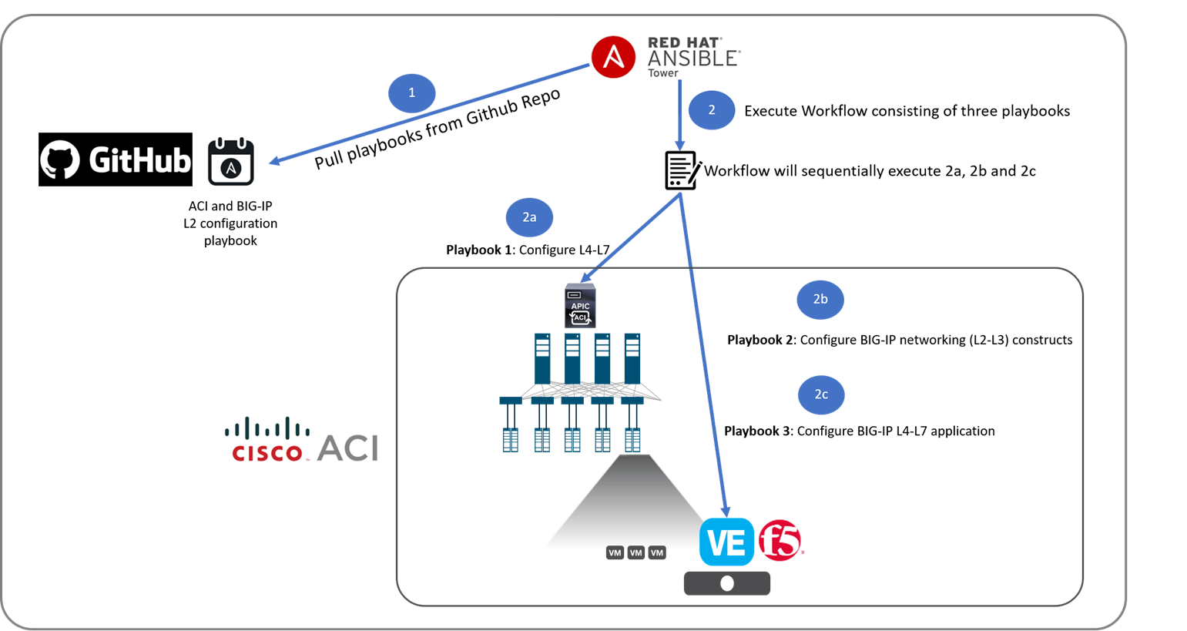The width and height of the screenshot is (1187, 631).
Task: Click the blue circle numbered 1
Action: (411, 93)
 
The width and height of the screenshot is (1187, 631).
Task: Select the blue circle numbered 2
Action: (712, 110)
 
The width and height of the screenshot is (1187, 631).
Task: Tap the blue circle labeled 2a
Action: (529, 217)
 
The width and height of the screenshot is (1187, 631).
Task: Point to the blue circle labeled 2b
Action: (820, 299)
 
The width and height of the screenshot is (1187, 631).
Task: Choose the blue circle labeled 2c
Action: (821, 394)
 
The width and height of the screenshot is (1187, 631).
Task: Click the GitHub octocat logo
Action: (60, 159)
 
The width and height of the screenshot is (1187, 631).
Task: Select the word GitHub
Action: (139, 160)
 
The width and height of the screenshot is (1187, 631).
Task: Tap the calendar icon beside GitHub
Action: (230, 163)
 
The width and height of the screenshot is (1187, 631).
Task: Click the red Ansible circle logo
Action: (613, 57)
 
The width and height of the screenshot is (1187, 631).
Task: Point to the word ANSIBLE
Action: (693, 59)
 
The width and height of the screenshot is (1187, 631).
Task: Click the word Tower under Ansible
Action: (662, 73)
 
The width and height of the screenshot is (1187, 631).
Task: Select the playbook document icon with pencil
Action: (684, 170)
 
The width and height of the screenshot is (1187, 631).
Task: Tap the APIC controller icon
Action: (580, 306)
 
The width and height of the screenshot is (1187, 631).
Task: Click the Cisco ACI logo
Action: (303, 440)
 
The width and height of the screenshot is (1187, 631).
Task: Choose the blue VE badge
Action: (726, 542)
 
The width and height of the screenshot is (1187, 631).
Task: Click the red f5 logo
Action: (780, 540)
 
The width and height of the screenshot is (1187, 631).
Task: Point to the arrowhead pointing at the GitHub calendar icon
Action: (274, 161)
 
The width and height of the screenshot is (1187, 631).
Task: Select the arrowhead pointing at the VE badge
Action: (725, 511)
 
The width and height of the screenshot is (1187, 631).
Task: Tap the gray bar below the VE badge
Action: (726, 583)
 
